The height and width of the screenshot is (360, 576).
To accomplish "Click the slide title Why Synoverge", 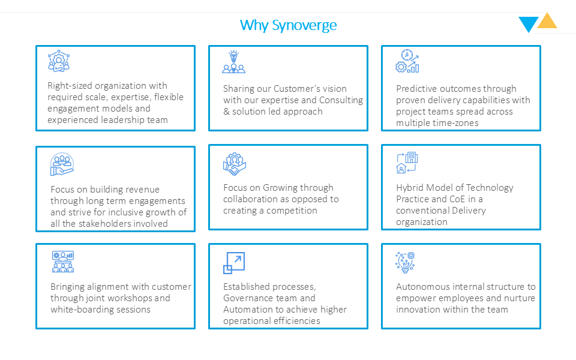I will tap(288, 25).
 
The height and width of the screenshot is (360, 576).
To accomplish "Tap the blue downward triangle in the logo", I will tap(528, 24).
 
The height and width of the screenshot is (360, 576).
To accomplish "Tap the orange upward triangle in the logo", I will tap(547, 22).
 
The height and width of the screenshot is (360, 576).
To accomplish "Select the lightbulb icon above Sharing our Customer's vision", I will tap(233, 62).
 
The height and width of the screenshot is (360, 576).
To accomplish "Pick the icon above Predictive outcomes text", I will tap(407, 61).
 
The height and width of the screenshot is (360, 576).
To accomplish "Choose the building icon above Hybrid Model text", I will tap(407, 163).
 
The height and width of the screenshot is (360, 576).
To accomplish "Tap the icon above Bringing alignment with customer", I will tap(62, 262).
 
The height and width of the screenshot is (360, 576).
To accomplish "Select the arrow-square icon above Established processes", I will tap(233, 263).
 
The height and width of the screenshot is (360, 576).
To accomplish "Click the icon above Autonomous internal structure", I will tap(405, 262).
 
